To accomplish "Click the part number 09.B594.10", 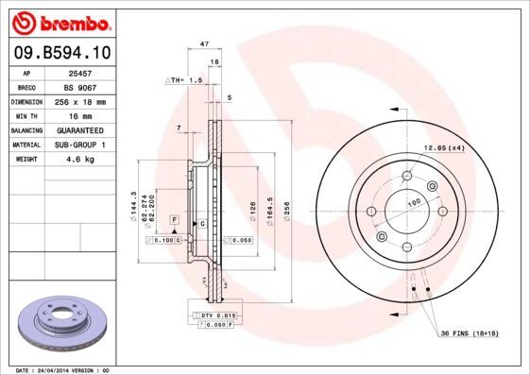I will pos(63,53).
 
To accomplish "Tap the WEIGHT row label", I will pos(26,160).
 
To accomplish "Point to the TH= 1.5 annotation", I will pos(185,81).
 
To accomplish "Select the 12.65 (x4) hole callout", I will pos(443,147).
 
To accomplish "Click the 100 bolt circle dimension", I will pos(414,203).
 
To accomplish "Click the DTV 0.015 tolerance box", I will pos(216,314).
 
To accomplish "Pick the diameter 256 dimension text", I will pos(287,202).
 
